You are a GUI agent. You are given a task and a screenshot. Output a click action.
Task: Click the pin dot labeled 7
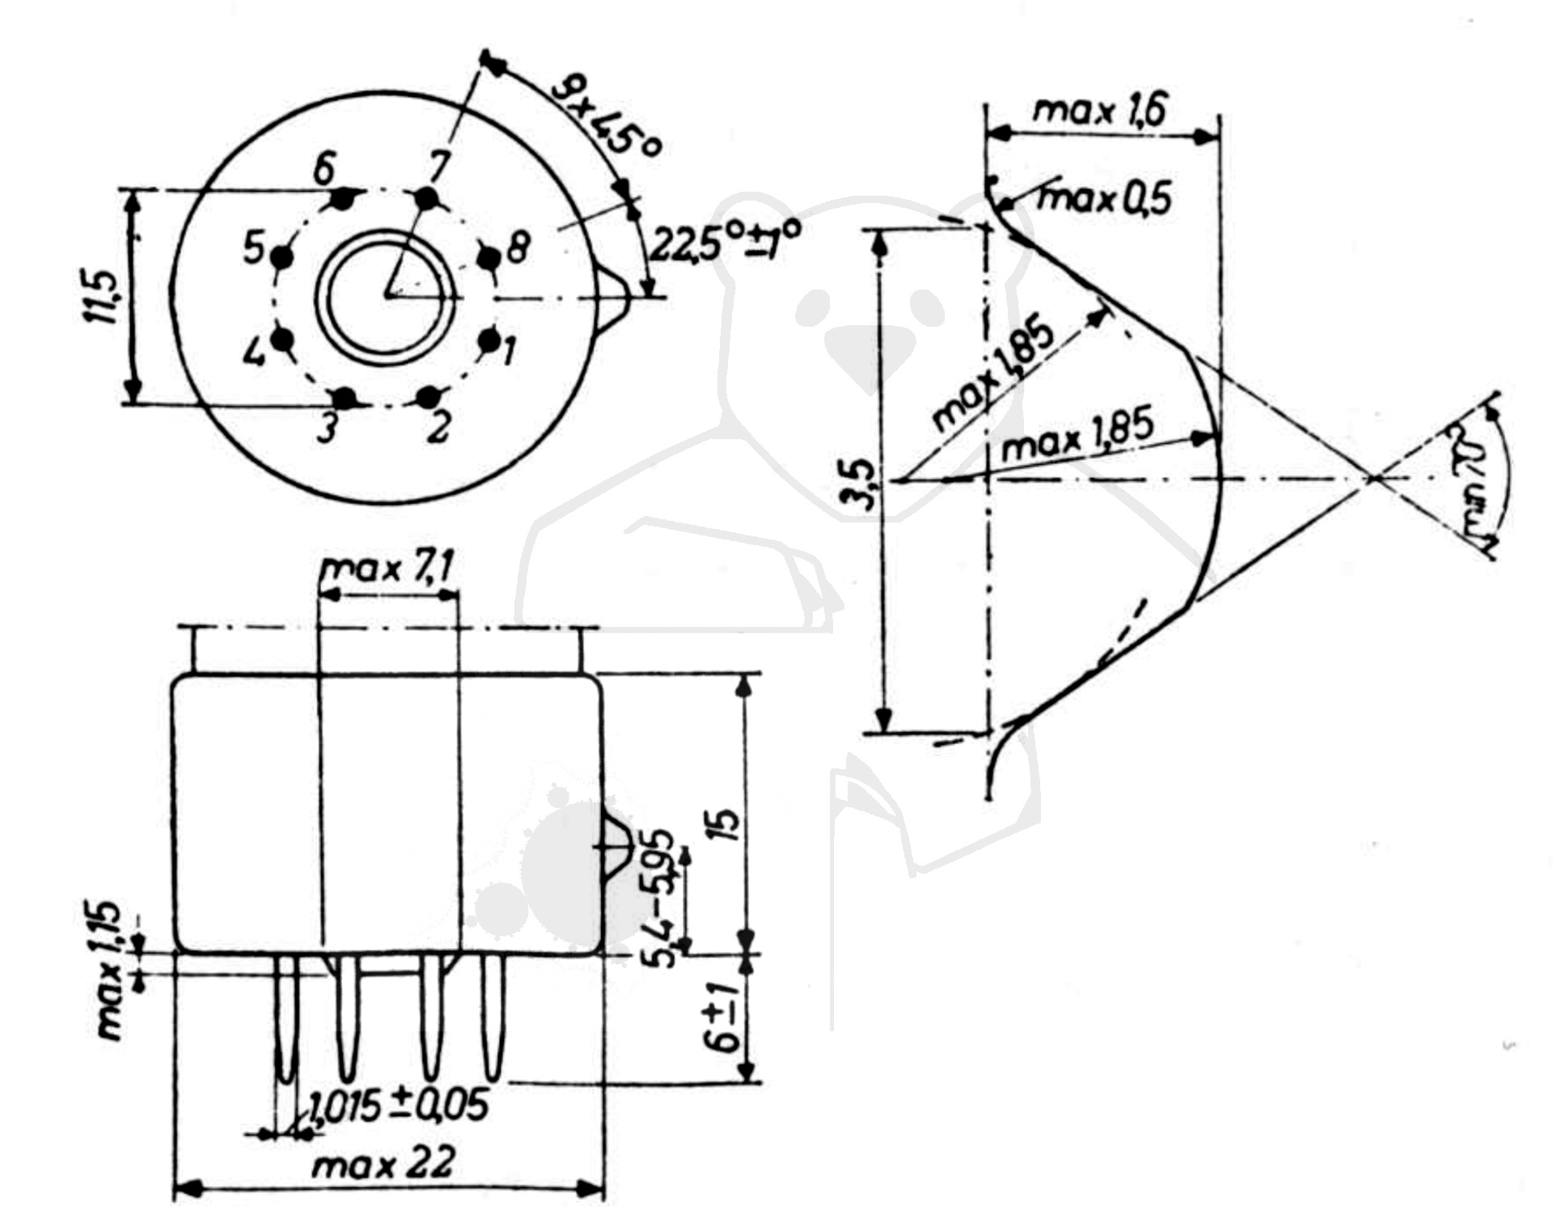coord(425,197)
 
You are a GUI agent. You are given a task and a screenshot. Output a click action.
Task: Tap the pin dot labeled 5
coord(281,257)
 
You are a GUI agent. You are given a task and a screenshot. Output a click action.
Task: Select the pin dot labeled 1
coord(489,341)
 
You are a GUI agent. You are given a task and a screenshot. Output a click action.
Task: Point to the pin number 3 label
coord(327,430)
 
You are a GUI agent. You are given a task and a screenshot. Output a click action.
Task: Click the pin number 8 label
coord(518,248)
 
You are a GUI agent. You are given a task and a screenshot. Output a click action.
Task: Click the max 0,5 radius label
coord(1104,198)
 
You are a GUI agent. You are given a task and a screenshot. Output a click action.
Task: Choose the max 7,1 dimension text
coord(386,570)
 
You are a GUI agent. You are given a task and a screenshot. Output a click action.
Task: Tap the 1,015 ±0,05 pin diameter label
coord(400,1106)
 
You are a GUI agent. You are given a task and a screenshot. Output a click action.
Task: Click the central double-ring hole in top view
coord(384,295)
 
